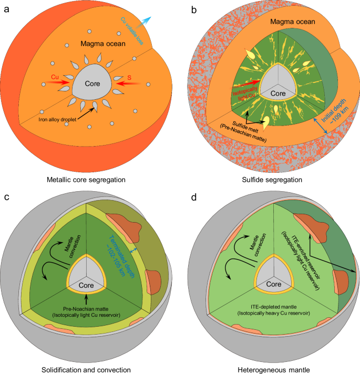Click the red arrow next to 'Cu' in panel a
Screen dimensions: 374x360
tap(61, 83)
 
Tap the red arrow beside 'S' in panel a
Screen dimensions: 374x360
tap(124, 83)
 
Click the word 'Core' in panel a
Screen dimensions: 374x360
tap(92, 83)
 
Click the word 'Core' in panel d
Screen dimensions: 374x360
tap(273, 284)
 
